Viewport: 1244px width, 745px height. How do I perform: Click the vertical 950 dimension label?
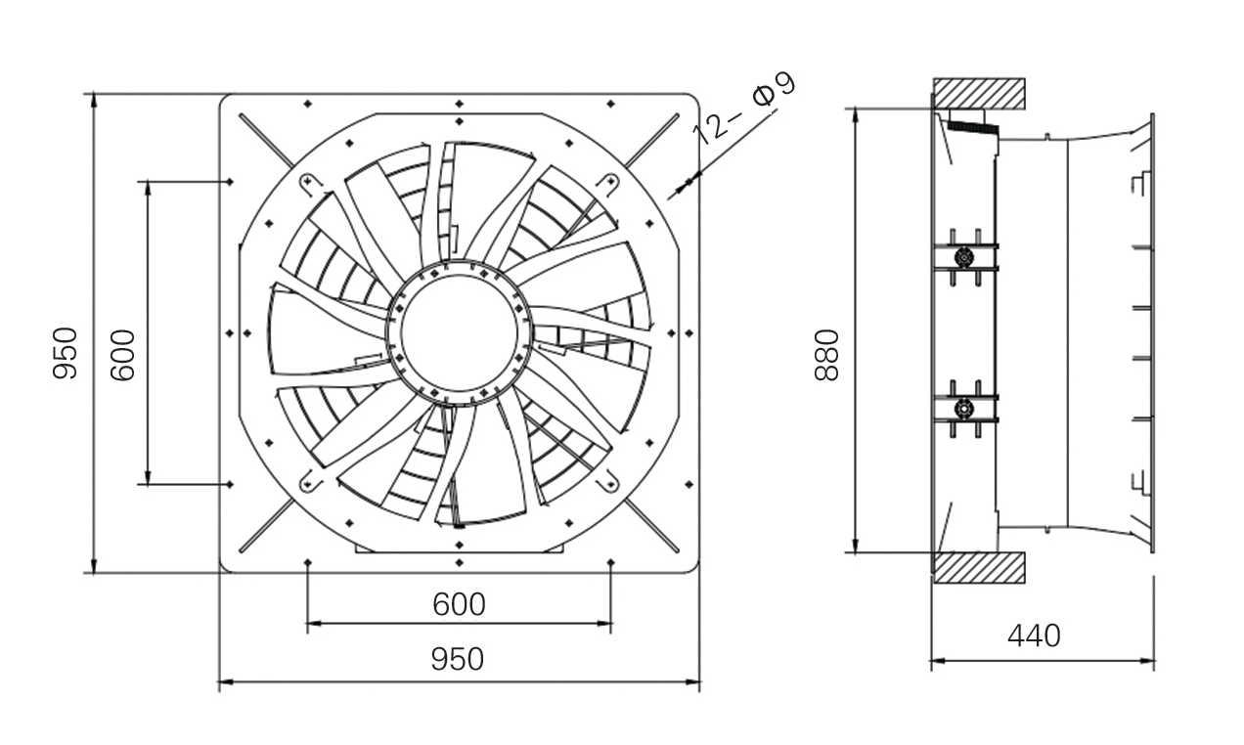pos(65,353)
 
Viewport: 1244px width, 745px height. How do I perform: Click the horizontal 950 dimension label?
pos(458,659)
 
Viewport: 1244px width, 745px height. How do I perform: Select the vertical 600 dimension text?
pos(122,354)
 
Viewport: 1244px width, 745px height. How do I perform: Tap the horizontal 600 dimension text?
pos(459,604)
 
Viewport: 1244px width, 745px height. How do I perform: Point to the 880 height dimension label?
pos(827,355)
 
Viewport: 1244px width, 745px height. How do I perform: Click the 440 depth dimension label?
pos(1034,636)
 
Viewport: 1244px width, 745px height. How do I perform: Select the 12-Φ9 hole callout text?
pos(745,108)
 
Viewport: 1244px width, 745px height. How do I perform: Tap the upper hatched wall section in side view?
pos(978,93)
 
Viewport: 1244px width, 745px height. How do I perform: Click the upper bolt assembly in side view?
pos(964,257)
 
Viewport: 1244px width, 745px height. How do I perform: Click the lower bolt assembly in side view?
pos(964,407)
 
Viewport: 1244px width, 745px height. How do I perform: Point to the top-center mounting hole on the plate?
pos(459,103)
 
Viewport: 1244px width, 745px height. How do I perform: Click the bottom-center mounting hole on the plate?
pos(459,563)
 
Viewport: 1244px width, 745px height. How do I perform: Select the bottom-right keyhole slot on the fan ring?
pos(609,480)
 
